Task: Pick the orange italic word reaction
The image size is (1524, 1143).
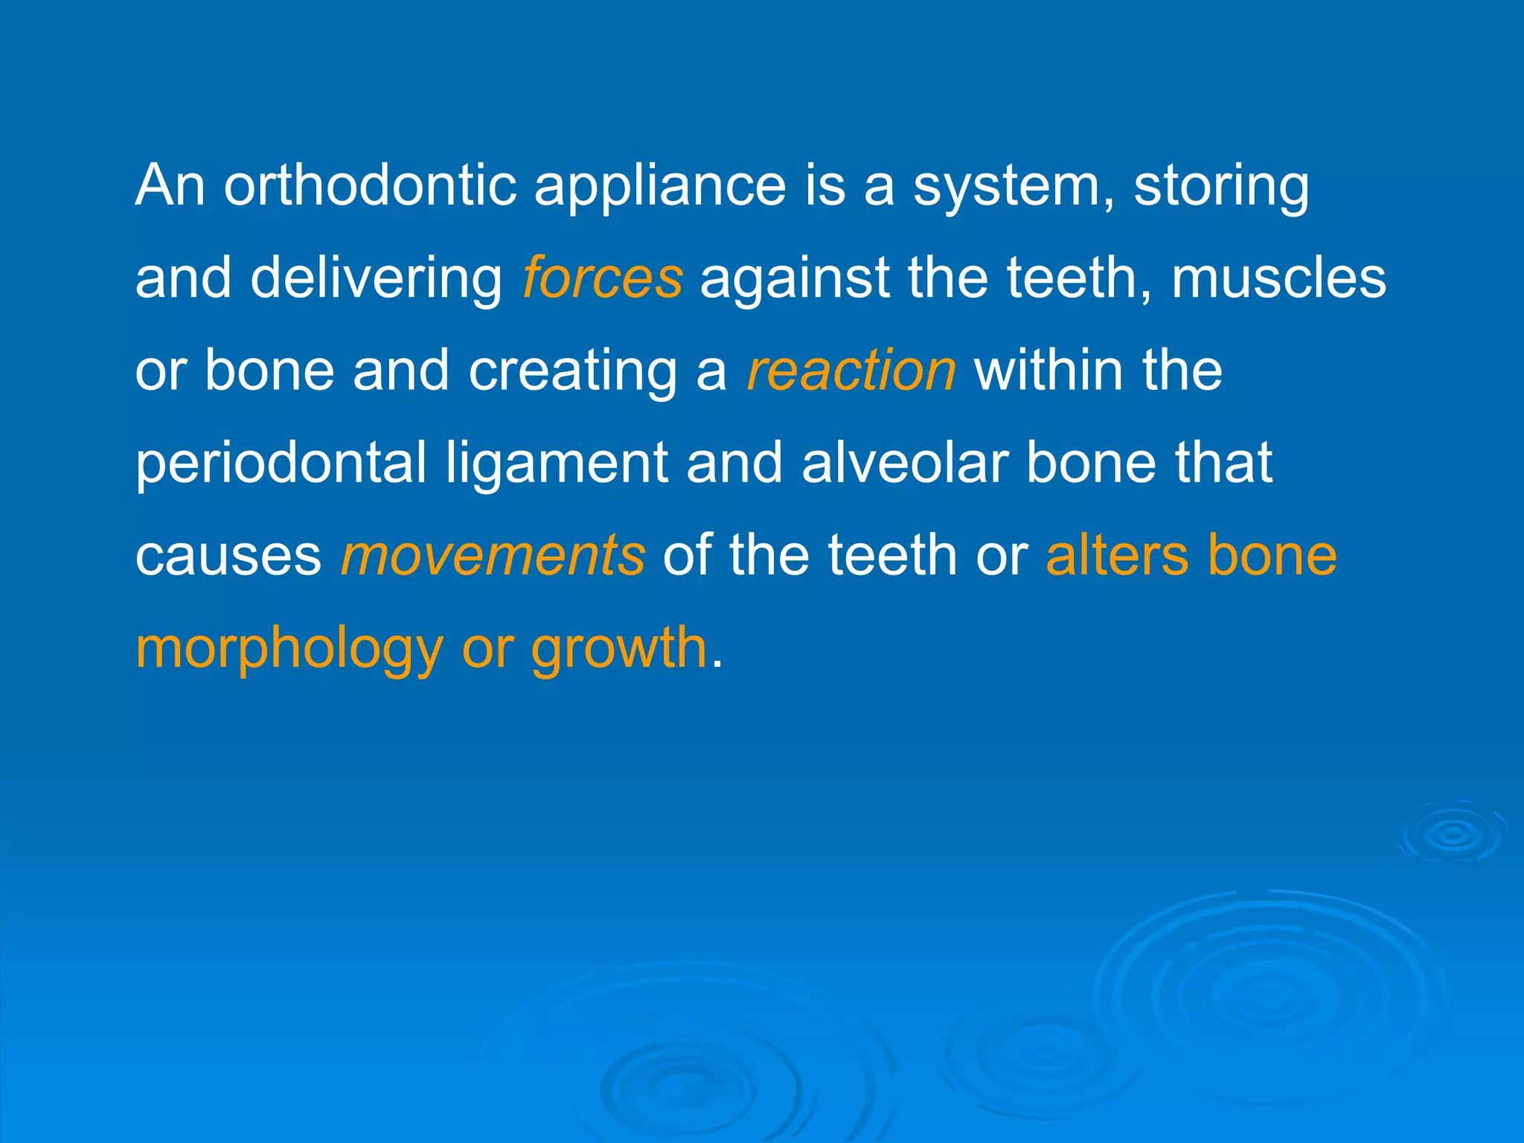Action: (x=851, y=371)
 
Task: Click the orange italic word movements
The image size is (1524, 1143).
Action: (x=493, y=556)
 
